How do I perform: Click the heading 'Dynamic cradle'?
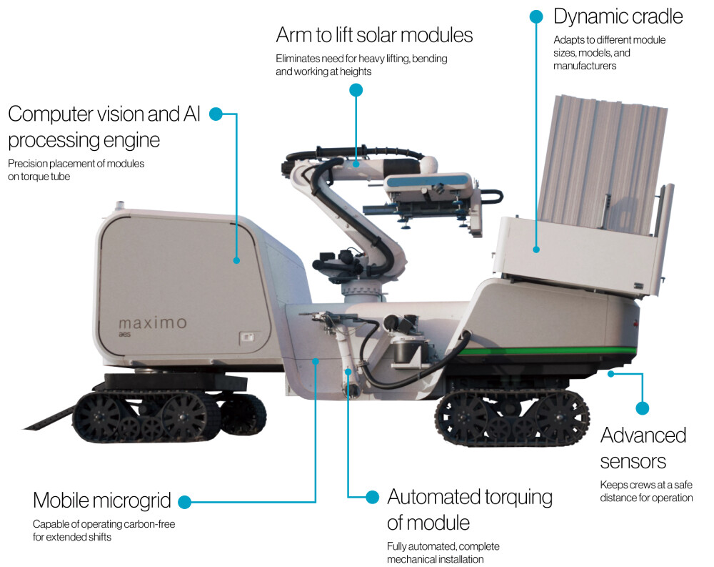[618, 17]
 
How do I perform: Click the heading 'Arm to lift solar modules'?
[374, 35]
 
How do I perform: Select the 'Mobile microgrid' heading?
[102, 501]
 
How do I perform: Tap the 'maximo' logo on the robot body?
[153, 323]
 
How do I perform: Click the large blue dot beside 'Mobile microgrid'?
[184, 502]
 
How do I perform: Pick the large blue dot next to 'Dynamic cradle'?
[536, 17]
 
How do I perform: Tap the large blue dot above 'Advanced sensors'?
[643, 408]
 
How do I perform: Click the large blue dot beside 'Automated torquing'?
[373, 497]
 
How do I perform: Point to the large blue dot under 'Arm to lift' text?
[356, 90]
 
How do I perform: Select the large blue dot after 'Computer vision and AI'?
[216, 114]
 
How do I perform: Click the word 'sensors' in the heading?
[633, 462]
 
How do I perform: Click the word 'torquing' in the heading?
[518, 497]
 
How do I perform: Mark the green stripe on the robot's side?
[546, 351]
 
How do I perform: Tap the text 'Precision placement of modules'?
[76, 164]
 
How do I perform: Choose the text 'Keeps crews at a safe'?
[646, 485]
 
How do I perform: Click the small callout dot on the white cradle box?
[536, 250]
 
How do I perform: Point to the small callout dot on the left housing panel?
[236, 260]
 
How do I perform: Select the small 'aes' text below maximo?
[124, 335]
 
